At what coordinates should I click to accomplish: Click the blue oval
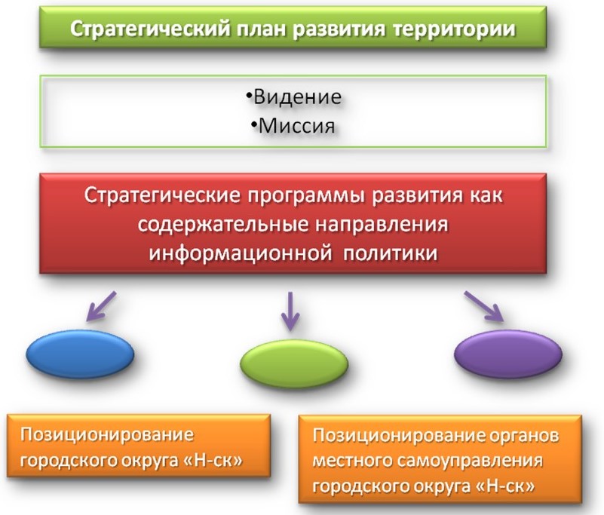(x=80, y=354)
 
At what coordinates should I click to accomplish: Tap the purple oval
(x=508, y=354)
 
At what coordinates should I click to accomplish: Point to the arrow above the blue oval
(x=101, y=306)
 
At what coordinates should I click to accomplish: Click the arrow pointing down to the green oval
(x=290, y=311)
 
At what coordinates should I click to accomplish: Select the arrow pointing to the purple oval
(x=484, y=306)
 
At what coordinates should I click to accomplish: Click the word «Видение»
(x=297, y=97)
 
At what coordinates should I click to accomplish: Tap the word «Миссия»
(x=296, y=126)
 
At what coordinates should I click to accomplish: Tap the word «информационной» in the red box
(x=241, y=254)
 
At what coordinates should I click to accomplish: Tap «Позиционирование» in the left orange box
(x=107, y=435)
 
